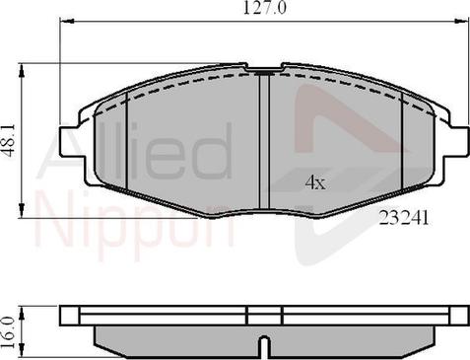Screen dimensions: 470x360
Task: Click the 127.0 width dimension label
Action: click(x=265, y=8)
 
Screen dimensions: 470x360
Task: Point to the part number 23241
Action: click(x=404, y=218)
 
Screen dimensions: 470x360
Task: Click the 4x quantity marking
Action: click(x=315, y=182)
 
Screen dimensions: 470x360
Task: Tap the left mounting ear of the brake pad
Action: click(x=70, y=141)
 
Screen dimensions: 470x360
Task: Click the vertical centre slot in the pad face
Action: click(x=264, y=141)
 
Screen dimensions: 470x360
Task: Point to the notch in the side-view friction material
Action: click(x=264, y=347)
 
